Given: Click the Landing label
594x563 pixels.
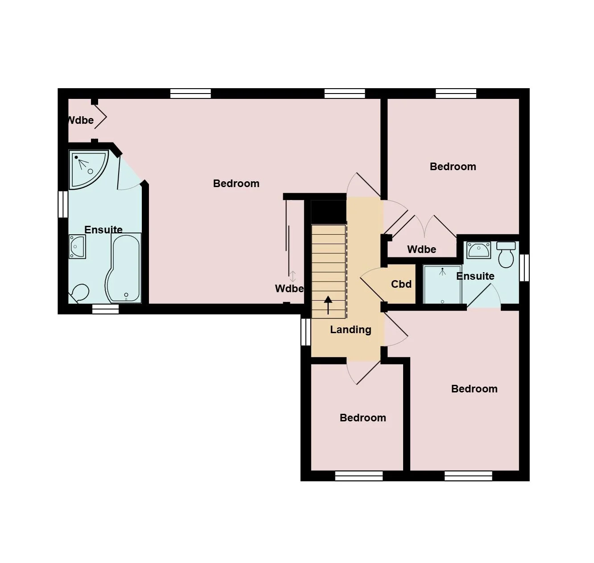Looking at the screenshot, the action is click(351, 330).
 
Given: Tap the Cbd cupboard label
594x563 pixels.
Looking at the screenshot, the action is click(401, 284).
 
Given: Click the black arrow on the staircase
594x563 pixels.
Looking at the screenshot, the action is click(328, 305).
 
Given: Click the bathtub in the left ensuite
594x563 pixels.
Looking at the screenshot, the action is click(124, 267).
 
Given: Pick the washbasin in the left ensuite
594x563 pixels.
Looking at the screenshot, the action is click(77, 247).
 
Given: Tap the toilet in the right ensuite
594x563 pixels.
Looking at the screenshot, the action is click(506, 254).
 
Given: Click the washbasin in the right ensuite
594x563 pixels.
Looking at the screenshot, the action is click(478, 249).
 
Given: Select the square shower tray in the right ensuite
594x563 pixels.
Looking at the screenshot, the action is click(442, 284).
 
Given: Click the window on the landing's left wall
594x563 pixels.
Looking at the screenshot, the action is click(306, 332).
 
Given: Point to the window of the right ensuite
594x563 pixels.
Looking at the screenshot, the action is click(524, 268).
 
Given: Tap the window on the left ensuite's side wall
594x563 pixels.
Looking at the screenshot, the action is click(63, 204).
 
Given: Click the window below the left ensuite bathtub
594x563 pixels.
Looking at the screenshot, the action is click(105, 309).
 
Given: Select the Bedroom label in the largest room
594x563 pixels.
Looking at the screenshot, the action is click(236, 184).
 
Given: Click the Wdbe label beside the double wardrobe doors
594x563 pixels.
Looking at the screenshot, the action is click(422, 249).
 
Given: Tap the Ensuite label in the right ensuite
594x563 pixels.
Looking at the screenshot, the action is click(475, 276).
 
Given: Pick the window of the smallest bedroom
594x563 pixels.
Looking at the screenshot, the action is click(359, 476).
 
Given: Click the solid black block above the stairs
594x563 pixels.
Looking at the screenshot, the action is click(328, 212).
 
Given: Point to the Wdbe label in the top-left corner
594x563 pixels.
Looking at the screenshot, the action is click(80, 120).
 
